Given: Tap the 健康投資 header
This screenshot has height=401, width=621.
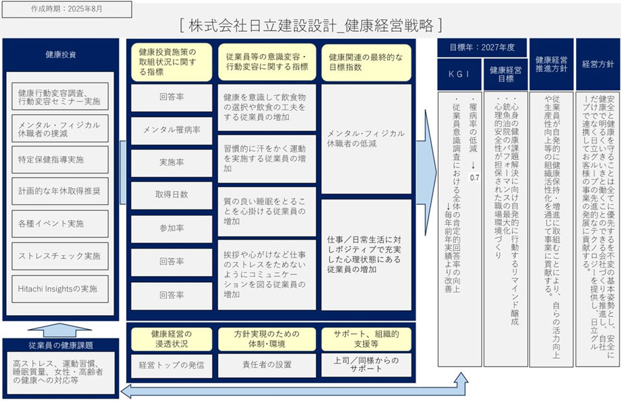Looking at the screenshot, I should pos(61,54).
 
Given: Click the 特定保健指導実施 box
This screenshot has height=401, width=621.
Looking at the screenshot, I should pos(61,160).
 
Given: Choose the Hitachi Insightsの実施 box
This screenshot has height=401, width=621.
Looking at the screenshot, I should pos(61,289).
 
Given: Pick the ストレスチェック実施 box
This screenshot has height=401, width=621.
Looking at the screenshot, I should pos(61,256).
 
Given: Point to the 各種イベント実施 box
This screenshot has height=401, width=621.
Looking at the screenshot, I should pos(61,224).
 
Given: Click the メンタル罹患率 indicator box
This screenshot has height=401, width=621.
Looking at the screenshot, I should pos(172,129).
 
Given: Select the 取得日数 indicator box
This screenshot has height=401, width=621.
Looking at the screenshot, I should pos(172,194).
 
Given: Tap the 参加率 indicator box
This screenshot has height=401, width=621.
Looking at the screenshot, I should pos(172,227).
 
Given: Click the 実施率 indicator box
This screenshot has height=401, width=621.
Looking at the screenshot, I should pos(172,162).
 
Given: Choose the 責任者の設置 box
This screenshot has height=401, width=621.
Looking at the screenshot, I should pos(266,365).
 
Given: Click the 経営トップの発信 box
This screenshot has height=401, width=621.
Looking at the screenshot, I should pos(172,365).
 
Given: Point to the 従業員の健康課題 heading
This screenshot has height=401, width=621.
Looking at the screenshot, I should pos(61,345).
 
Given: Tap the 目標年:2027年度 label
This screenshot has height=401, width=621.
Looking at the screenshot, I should pos(482,48).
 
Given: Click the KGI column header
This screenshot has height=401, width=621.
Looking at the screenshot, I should pos(458,74).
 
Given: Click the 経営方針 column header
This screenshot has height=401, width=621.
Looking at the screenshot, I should pos(597,65).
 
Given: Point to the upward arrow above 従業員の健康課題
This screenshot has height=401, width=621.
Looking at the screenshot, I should pos(61,328).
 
